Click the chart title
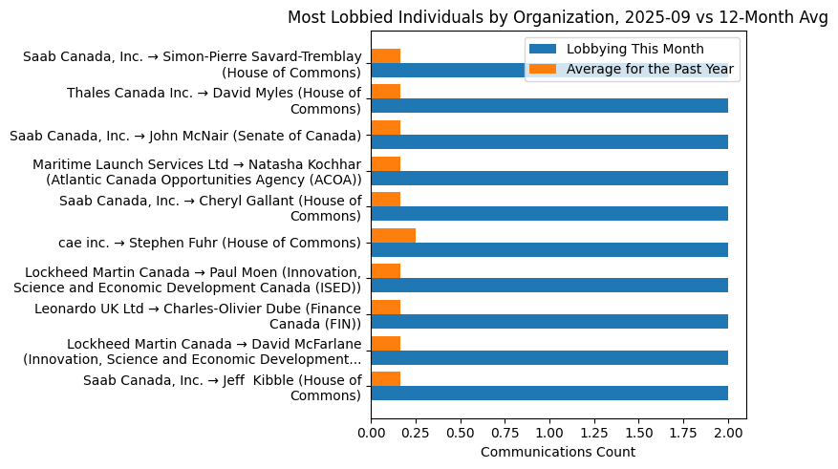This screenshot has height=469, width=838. (558, 18)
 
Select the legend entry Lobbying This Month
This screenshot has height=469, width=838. (634, 49)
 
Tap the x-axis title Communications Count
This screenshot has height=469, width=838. (557, 452)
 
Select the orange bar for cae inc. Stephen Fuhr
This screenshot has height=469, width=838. (394, 235)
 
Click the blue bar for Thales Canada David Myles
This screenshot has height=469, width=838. (549, 106)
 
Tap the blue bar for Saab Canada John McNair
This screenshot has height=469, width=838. (549, 141)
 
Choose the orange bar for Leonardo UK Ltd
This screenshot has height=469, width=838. (386, 307)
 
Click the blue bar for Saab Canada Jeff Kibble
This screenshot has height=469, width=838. (549, 393)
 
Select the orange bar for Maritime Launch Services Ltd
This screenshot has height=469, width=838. (386, 163)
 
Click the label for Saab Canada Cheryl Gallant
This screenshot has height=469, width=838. (210, 208)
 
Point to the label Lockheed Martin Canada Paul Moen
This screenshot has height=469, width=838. (193, 280)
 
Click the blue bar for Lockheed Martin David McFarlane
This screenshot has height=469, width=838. (549, 357)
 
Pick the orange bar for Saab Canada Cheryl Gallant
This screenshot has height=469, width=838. (386, 199)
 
